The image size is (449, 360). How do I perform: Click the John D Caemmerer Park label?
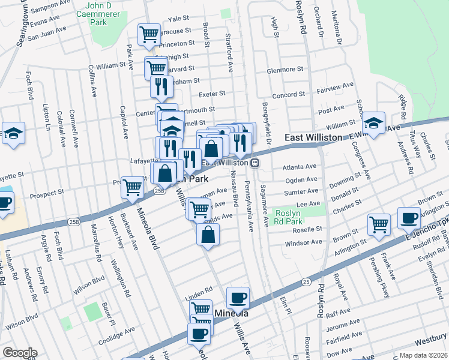[91, 13]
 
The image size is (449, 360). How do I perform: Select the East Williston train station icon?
[255, 163]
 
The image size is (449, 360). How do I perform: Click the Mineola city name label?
[231, 313]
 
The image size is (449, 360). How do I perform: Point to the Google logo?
[19, 353]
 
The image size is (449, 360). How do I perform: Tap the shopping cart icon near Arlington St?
[379, 224]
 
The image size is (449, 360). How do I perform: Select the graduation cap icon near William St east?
[373, 124]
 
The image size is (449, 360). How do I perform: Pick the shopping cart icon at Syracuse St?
[148, 34]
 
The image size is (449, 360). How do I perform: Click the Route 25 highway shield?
[306, 280]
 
